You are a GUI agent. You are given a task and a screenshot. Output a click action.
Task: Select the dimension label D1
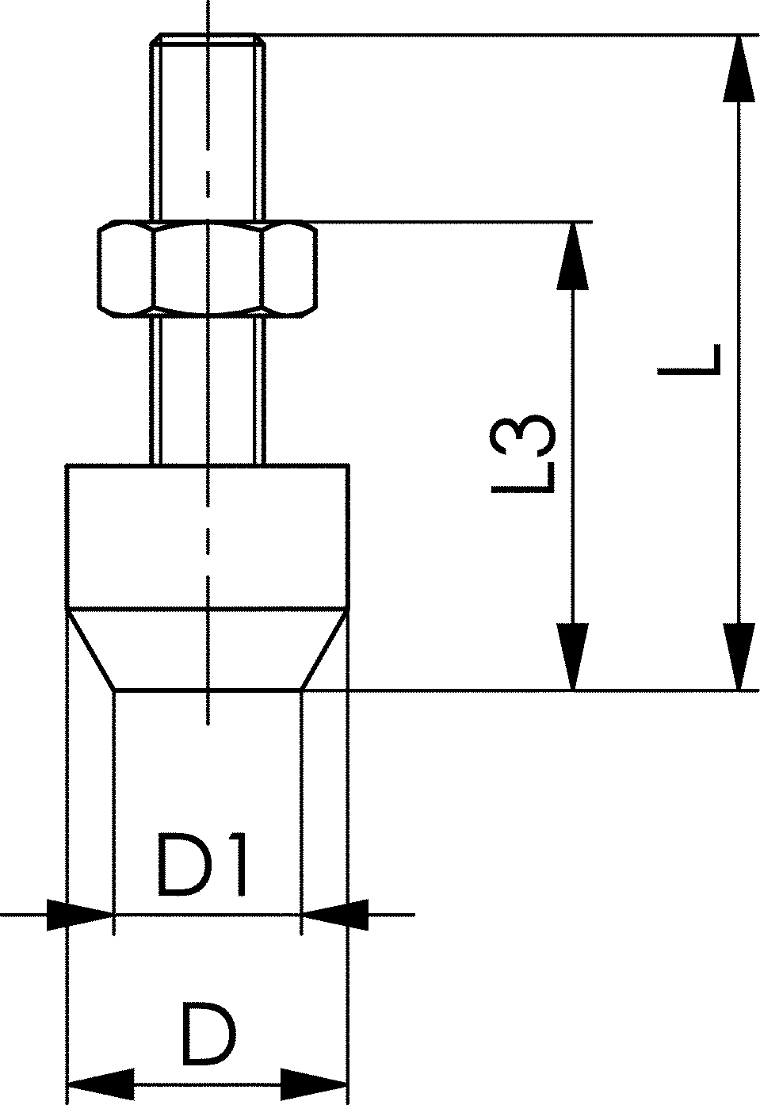pyautogui.click(x=203, y=865)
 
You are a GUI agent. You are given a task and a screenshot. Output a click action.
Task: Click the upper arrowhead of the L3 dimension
pyautogui.click(x=572, y=258)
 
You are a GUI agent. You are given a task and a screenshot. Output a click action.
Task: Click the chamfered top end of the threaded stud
pyautogui.click(x=208, y=38)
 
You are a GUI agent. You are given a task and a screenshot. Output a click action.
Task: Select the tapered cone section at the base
pyautogui.click(x=208, y=650)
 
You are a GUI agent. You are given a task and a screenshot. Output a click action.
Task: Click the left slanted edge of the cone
pyautogui.click(x=90, y=650)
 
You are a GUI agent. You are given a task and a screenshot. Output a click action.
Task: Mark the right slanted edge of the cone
pyautogui.click(x=324, y=650)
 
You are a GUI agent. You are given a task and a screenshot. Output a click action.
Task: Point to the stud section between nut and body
pyautogui.click(x=208, y=388)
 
